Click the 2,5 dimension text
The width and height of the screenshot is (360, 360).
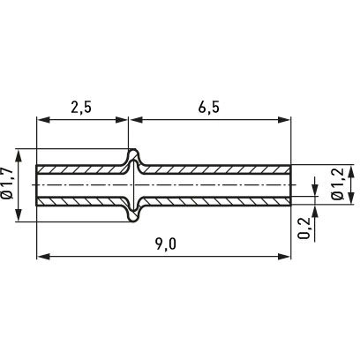coord(81,108)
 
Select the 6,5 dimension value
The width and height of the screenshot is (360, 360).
coord(209,108)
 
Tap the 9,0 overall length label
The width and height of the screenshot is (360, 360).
coord(166,244)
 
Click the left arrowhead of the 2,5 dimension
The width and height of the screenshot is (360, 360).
coord(42,120)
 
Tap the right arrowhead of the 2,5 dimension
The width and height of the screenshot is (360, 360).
coord(122,120)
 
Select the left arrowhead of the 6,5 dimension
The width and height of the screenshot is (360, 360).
coord(136,120)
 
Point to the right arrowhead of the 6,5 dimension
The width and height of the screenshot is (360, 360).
coord(284,120)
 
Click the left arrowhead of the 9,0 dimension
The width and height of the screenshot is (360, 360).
coord(42,257)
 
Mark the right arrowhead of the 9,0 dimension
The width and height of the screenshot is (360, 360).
coord(284,257)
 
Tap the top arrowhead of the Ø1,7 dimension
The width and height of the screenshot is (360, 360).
coord(19,155)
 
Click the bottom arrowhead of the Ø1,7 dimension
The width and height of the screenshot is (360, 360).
coord(19,215)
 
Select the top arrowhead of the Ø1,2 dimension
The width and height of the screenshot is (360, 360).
coord(350,171)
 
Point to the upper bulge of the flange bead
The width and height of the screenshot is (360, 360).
coord(134,158)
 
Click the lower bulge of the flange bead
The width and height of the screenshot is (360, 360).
coord(134,213)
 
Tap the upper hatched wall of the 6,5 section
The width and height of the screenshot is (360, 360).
coord(216,169)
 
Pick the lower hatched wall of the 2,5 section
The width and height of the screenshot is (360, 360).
coord(81,201)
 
